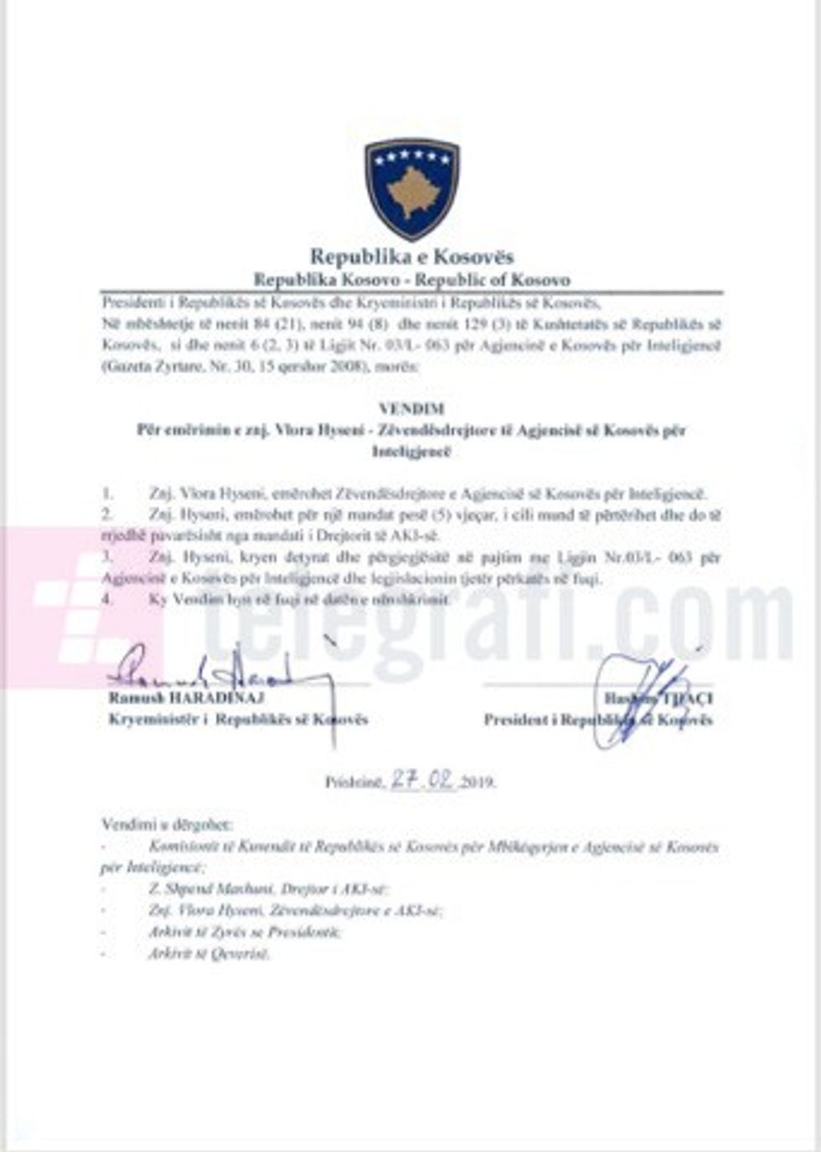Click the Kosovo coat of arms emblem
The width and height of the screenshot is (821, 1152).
(x=411, y=189)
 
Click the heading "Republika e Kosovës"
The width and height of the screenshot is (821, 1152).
(x=411, y=256)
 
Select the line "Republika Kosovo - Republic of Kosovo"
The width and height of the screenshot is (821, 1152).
(x=411, y=280)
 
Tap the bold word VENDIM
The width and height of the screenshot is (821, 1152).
(x=411, y=409)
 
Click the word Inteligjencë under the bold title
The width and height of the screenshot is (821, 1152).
(x=411, y=452)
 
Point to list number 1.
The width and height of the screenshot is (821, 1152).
(x=106, y=494)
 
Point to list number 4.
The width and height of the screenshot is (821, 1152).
(x=106, y=600)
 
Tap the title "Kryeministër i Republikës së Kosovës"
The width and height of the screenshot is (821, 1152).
(x=238, y=720)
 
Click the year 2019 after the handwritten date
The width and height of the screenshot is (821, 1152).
(x=479, y=783)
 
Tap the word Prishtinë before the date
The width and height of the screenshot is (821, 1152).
(x=353, y=783)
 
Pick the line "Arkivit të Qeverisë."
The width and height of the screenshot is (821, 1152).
(x=209, y=953)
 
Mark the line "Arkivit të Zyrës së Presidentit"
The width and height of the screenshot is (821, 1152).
(x=245, y=932)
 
